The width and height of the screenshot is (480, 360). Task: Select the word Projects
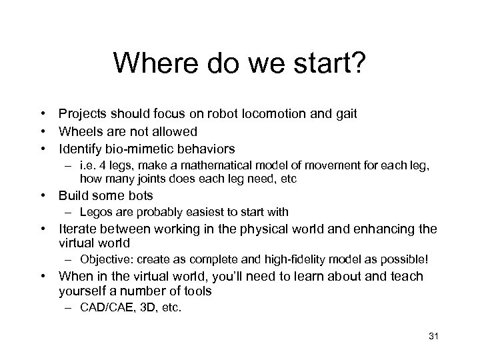[x=83, y=114]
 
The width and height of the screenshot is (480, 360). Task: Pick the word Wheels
[x=80, y=131]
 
